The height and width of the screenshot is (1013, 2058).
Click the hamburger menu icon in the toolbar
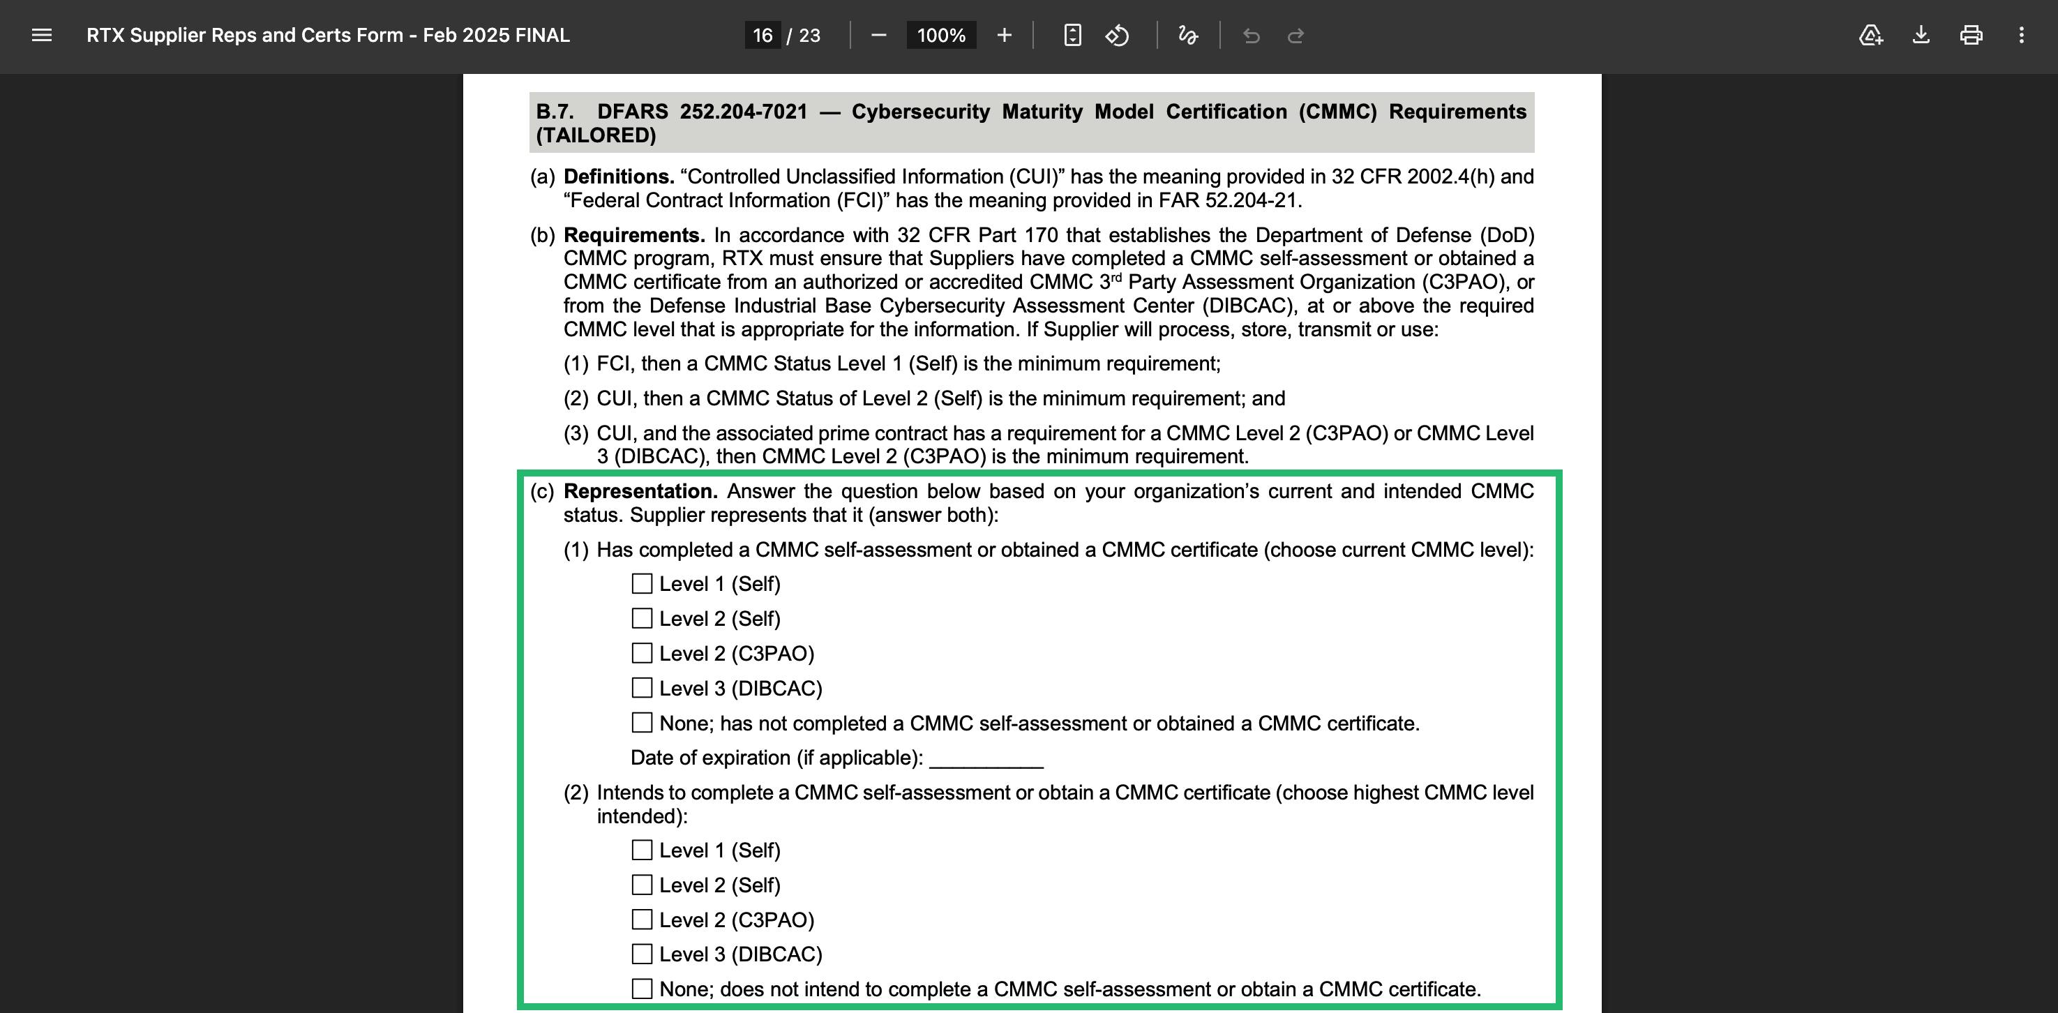42,35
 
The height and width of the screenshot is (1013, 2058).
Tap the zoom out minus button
879,35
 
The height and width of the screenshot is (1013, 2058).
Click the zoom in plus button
1004,35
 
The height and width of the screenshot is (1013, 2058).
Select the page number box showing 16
763,35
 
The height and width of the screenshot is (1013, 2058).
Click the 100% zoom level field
941,35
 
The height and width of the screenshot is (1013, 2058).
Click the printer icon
1971,35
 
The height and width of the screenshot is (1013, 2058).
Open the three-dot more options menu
2021,35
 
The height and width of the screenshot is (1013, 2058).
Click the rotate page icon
1117,35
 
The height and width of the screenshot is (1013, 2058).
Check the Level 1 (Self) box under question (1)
642,584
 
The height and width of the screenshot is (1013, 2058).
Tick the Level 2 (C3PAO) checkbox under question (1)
642,654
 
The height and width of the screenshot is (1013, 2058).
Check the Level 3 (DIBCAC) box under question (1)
642,688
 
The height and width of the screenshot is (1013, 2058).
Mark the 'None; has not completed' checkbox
642,723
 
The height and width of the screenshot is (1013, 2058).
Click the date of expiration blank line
986,758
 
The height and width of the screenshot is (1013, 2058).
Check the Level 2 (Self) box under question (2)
642,885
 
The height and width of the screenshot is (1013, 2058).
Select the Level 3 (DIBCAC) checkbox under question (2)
642,954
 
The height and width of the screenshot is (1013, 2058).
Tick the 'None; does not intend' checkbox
642,989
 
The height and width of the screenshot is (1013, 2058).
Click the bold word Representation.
640,491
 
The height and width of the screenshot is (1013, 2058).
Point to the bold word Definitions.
618,177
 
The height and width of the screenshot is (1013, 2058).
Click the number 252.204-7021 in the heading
743,112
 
